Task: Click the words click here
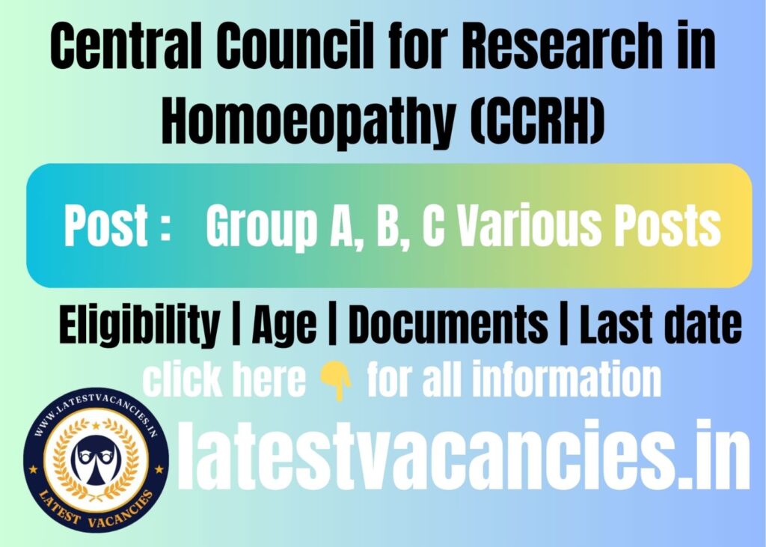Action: pos(224,380)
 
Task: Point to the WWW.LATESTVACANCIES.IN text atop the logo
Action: pos(95,411)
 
